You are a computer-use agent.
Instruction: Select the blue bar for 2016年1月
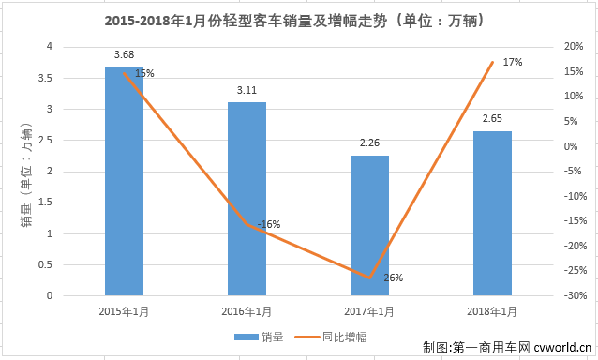(x=247, y=199)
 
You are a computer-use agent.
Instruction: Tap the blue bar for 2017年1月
(x=369, y=225)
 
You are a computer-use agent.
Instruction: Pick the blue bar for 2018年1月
(x=492, y=213)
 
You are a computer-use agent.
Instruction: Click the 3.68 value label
(x=124, y=55)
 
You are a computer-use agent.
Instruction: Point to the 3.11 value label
(x=247, y=90)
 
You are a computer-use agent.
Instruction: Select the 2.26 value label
(x=369, y=143)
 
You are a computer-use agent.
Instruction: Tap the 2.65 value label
(x=492, y=119)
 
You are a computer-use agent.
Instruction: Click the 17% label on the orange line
(x=512, y=62)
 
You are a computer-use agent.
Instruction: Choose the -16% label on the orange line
(x=268, y=224)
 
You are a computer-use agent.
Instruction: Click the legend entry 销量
(x=262, y=335)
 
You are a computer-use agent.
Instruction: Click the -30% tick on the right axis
(x=576, y=296)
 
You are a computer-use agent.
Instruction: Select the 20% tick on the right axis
(x=574, y=46)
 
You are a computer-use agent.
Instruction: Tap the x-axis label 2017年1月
(x=369, y=311)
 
